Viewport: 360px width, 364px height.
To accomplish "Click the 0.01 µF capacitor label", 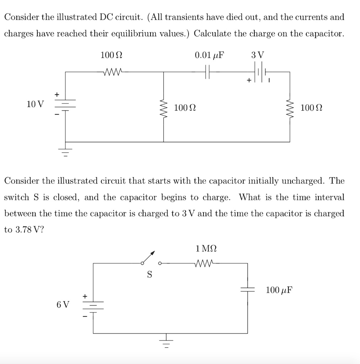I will coord(210,55).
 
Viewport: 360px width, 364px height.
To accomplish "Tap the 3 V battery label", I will coord(258,55).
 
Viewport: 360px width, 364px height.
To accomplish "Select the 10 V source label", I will coord(36,104).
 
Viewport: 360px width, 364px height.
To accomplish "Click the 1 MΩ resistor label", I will coord(206,248).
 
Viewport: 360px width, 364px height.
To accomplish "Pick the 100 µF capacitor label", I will coord(279,290).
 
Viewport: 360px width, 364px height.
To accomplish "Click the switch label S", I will coord(149,274).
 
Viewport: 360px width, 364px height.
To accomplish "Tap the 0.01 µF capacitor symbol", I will coord(208,72).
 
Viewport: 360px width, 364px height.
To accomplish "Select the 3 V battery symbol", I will coord(261,72).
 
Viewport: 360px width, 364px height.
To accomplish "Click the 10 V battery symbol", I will coord(65,104).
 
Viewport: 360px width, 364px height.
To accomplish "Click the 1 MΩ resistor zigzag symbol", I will coord(206,263).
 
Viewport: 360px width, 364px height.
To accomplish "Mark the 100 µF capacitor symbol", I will coord(248,290).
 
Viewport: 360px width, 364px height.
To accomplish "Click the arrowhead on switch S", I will coord(153,253).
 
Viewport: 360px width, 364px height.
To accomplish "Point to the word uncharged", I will coord(303,181).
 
